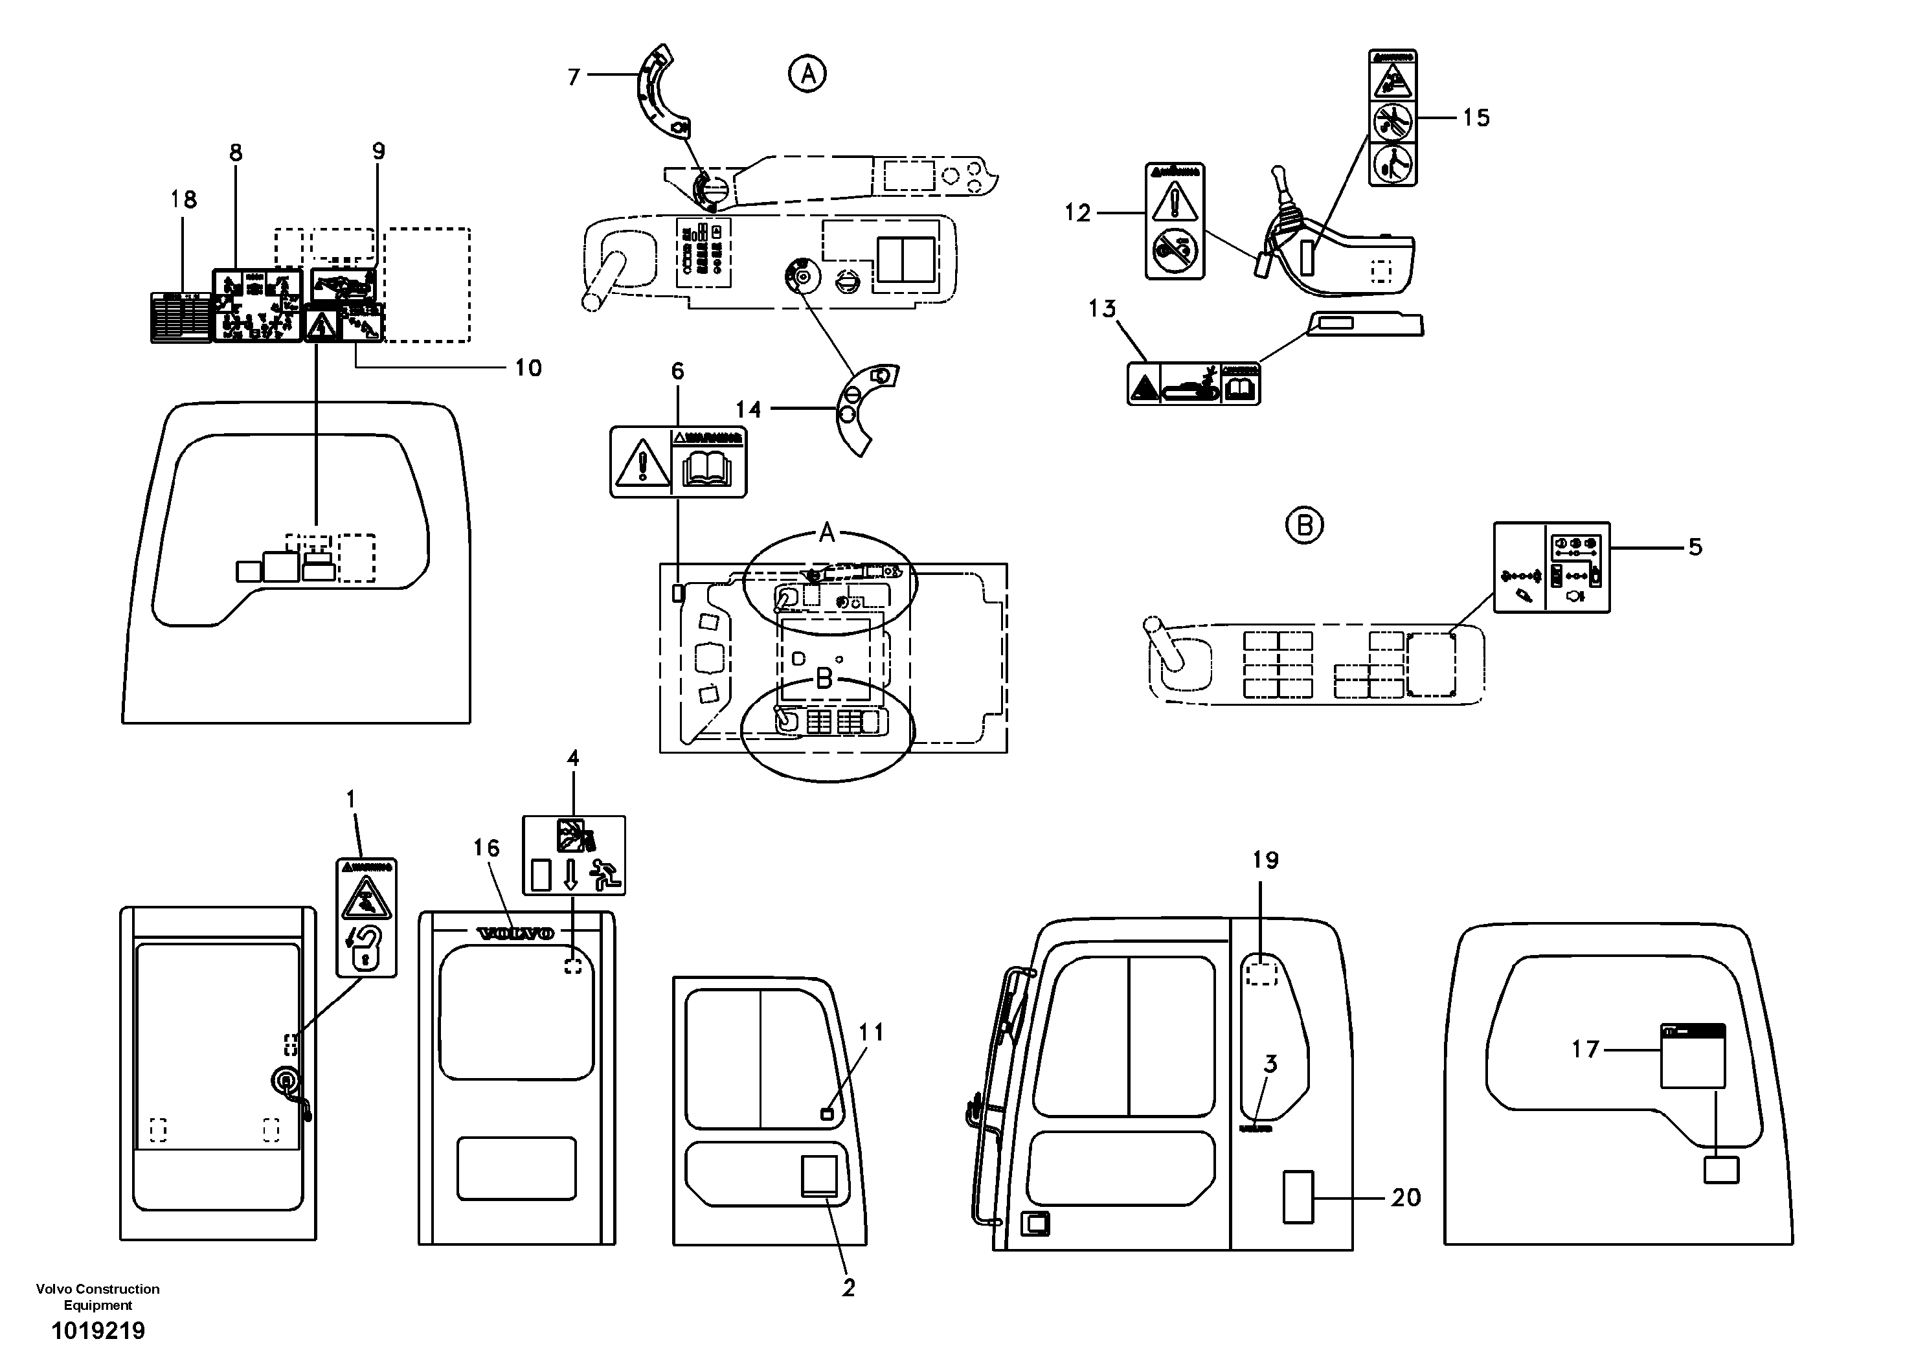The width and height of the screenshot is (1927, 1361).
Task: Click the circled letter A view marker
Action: pyautogui.click(x=807, y=74)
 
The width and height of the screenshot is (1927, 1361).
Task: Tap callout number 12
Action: pyautogui.click(x=1077, y=213)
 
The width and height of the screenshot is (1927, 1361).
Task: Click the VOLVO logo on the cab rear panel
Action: pyautogui.click(x=515, y=933)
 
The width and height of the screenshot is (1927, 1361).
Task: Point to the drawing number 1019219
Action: pyautogui.click(x=98, y=1331)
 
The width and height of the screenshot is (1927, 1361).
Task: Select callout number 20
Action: pyautogui.click(x=1406, y=1197)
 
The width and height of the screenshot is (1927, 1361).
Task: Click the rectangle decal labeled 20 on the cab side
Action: pyautogui.click(x=1298, y=1197)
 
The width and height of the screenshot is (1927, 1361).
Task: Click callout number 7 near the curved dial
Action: pyautogui.click(x=574, y=77)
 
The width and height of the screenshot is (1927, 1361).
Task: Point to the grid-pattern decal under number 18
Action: pyautogui.click(x=181, y=317)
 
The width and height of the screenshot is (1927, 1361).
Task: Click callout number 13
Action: pyautogui.click(x=1102, y=309)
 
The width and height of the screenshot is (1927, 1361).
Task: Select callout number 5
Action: pyautogui.click(x=1695, y=547)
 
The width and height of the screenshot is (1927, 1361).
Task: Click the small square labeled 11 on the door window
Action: pyautogui.click(x=827, y=1114)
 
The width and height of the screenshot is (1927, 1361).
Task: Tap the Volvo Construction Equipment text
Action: pyautogui.click(x=98, y=1296)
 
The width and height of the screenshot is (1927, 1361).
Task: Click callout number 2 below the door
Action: pyautogui.click(x=848, y=1287)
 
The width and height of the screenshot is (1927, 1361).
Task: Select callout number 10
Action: pyautogui.click(x=528, y=368)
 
